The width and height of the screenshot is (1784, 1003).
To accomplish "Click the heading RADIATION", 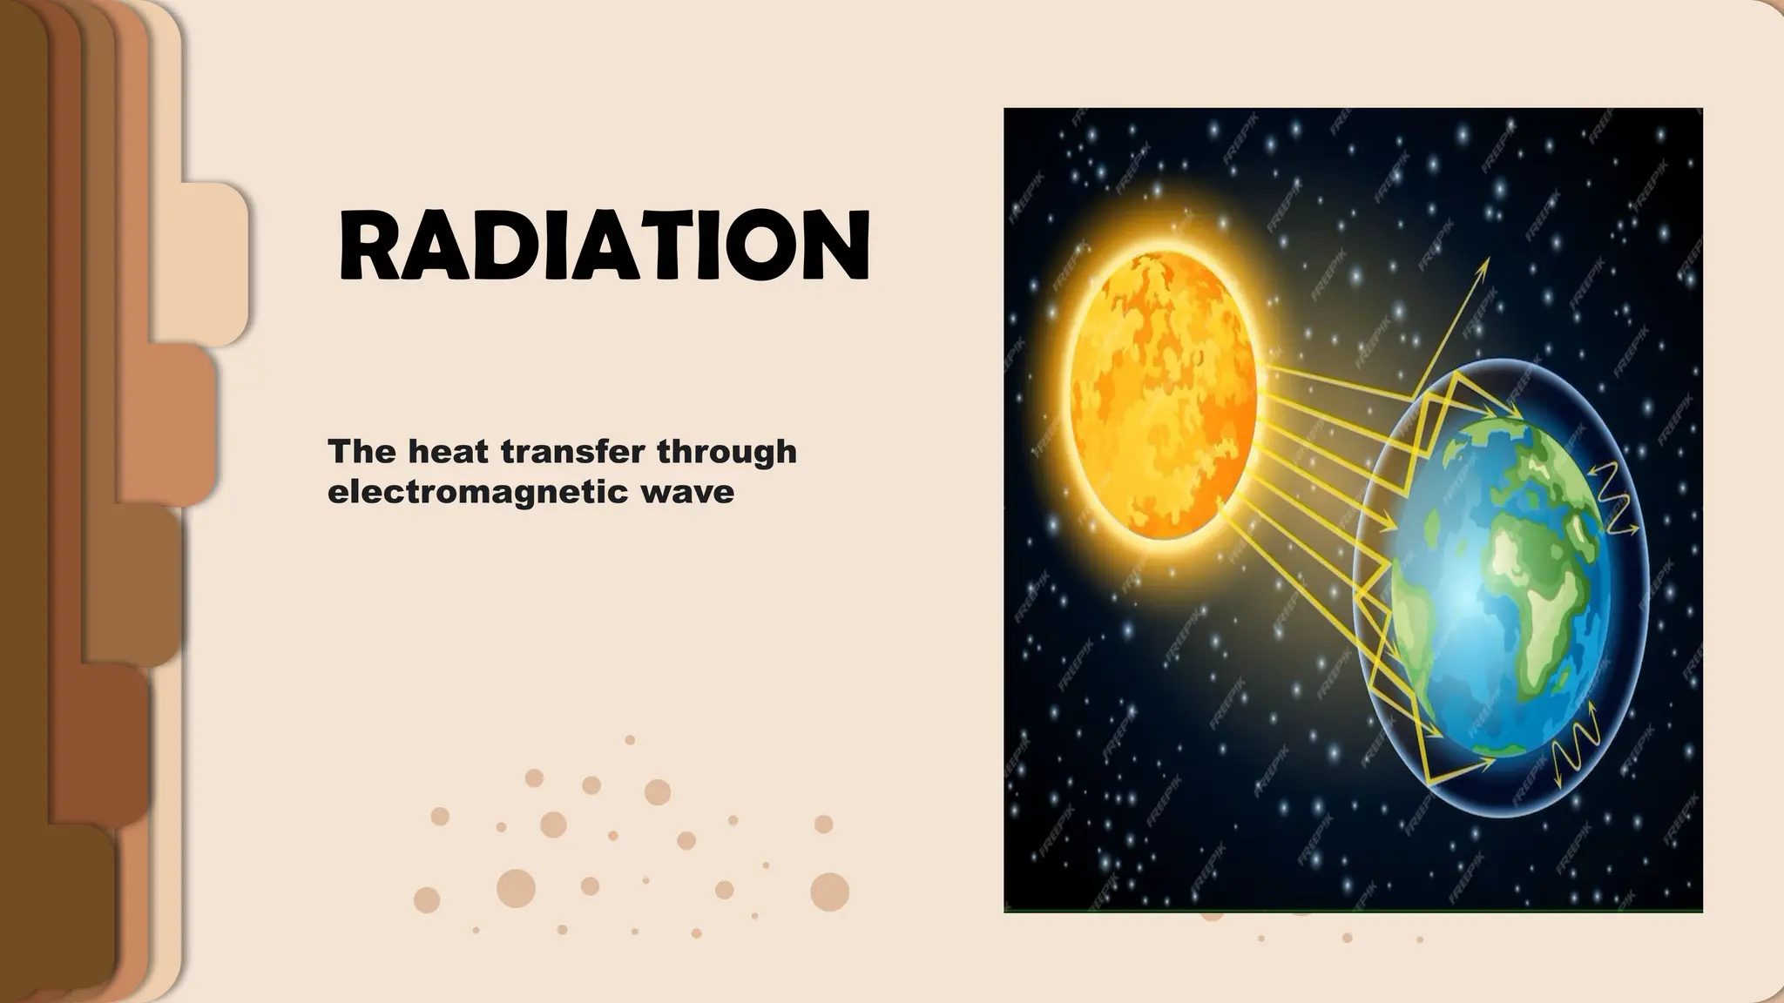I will pos(604,246).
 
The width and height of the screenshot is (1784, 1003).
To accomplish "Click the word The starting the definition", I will pos(362,452).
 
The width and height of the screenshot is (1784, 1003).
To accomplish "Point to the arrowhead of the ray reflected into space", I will pos(1485,263).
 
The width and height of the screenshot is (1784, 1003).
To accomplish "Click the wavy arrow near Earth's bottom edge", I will pos(1578,751).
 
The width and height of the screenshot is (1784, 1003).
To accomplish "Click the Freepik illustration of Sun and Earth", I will pos(1353,509).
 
